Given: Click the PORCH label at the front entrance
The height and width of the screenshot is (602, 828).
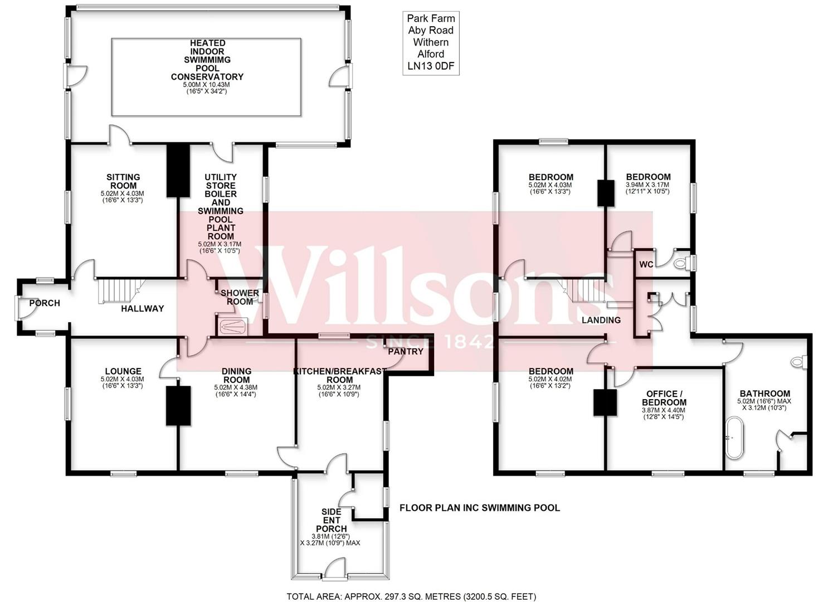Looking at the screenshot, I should click(x=45, y=303).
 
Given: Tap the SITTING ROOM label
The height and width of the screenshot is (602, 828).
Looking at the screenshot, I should click(x=123, y=181).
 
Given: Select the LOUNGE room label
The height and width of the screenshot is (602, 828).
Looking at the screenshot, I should click(x=123, y=371).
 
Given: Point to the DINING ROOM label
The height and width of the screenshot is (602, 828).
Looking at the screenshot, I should click(x=236, y=375).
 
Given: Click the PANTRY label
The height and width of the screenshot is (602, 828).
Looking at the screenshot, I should click(x=405, y=352).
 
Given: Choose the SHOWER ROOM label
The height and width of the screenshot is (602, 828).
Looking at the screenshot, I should click(x=240, y=297).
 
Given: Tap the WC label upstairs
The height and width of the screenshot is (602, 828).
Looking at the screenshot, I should click(x=646, y=264).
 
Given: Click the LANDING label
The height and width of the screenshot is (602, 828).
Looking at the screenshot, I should click(x=601, y=320).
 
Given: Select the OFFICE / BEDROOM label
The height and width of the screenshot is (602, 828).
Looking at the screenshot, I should click(x=664, y=398).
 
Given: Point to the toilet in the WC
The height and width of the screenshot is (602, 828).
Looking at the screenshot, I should click(x=680, y=264).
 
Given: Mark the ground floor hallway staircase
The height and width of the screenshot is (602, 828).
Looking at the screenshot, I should click(x=118, y=291).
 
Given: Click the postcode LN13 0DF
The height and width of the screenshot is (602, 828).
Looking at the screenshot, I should click(x=431, y=66).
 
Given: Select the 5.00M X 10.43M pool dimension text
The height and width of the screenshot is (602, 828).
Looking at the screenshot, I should click(x=207, y=85).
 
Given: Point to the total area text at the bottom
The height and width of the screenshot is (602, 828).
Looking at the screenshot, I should click(x=411, y=596).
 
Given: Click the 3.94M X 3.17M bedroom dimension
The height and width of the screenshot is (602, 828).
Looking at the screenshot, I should click(x=647, y=185).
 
